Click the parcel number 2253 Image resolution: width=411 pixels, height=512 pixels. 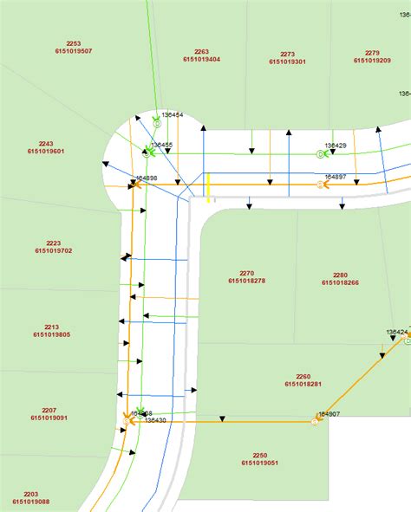pos(73,43)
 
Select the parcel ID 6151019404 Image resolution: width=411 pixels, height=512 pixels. pos(201,59)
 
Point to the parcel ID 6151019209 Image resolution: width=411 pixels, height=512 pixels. pos(372,61)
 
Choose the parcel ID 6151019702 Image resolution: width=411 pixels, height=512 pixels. pos(54,250)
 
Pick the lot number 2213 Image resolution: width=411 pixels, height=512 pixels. pos(52,327)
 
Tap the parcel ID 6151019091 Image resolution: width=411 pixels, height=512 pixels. pos(49,418)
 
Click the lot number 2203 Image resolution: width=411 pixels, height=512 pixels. pos(30,493)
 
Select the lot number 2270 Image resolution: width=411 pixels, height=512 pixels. pos(246,274)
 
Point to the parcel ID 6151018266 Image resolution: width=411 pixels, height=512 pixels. pos(340,282)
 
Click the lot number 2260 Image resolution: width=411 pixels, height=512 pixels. pos(303,376)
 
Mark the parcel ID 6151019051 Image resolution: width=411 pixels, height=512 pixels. pos(259,463)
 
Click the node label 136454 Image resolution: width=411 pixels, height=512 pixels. pos(173,114)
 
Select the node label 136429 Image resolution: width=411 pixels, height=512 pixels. pos(336,146)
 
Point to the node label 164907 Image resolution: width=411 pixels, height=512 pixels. pos(329,414)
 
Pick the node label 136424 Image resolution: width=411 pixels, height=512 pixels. pos(397,332)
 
